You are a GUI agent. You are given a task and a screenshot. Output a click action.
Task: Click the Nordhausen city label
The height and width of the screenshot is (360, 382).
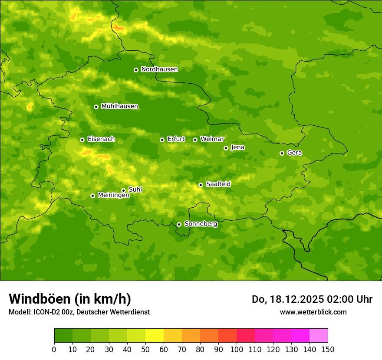[159, 69]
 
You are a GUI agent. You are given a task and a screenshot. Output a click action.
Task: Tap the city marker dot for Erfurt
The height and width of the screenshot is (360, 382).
[162, 140]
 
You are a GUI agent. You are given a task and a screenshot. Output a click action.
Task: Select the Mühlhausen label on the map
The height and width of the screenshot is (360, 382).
[119, 106]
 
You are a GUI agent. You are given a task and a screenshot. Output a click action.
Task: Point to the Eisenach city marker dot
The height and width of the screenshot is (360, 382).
[82, 140]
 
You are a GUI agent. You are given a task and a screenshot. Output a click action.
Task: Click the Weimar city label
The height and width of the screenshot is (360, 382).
[212, 139]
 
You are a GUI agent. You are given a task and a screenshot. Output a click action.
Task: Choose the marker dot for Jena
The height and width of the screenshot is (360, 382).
[226, 148]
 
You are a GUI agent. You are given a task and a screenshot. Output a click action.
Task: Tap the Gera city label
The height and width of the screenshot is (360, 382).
[294, 153]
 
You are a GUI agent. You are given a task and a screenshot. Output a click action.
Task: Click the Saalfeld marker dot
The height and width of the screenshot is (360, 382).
[201, 185]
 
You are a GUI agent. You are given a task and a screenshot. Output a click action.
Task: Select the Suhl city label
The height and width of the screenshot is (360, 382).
[135, 190]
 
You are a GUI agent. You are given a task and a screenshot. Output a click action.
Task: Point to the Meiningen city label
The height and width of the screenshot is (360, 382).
[113, 195]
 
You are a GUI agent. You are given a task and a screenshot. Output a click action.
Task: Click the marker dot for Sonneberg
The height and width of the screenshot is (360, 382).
[179, 224]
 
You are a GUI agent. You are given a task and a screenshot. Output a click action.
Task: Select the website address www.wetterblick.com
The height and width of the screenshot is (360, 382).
[313, 312]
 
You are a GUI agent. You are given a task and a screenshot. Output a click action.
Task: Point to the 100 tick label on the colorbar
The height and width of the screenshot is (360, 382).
[237, 349]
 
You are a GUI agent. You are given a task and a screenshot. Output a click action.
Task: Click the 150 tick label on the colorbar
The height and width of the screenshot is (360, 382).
[328, 349]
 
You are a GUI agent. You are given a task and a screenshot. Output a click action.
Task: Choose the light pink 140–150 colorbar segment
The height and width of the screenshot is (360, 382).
[319, 336]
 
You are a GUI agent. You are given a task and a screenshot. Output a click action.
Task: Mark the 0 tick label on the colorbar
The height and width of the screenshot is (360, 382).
[54, 349]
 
